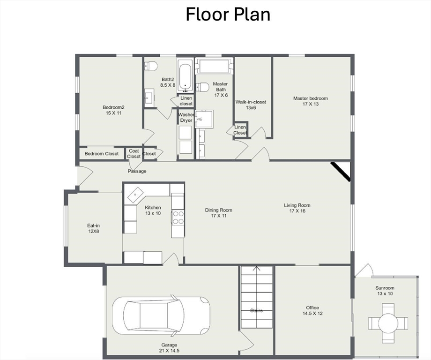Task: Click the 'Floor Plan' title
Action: [228, 15]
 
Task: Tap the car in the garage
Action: [161, 315]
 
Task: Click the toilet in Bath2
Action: [151, 66]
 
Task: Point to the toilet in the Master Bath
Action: [202, 87]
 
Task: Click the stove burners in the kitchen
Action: [178, 217]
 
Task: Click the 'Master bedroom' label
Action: [310, 98]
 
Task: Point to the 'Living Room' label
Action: [297, 205]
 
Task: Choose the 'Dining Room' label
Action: [218, 210]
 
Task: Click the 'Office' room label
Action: [312, 308]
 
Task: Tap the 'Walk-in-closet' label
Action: [251, 102]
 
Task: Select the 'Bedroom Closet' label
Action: [102, 154]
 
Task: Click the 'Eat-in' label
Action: [93, 226]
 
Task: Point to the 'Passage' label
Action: [137, 172]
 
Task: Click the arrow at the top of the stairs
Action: [257, 269]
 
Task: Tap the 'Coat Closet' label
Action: [134, 154]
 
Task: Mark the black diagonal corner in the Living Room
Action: [340, 172]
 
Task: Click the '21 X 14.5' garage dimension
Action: [169, 351]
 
